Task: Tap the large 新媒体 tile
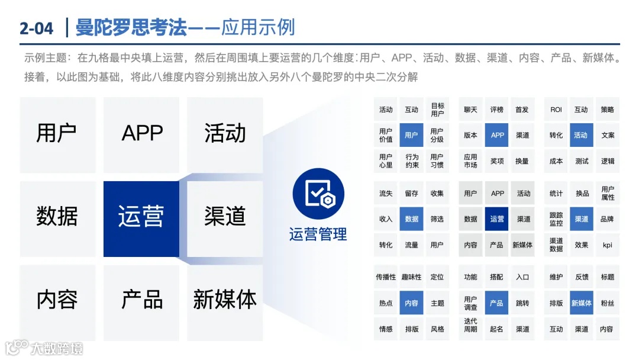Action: click(225, 299)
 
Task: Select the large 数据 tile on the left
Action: click(57, 217)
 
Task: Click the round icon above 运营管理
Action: click(318, 194)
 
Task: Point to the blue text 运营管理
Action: click(318, 234)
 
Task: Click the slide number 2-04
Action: click(36, 28)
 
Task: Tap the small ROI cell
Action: click(556, 110)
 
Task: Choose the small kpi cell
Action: click(608, 245)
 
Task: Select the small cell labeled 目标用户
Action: click(437, 110)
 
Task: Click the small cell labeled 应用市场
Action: click(470, 161)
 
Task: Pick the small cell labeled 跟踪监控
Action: click(556, 219)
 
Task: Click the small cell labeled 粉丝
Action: click(608, 303)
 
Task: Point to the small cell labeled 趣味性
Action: click(411, 277)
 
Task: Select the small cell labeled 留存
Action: click(411, 194)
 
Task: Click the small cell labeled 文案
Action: click(608, 135)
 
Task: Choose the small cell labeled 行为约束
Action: click(411, 161)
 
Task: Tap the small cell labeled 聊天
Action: click(470, 110)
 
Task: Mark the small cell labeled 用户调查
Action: click(470, 303)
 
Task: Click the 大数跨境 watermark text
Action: click(57, 348)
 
